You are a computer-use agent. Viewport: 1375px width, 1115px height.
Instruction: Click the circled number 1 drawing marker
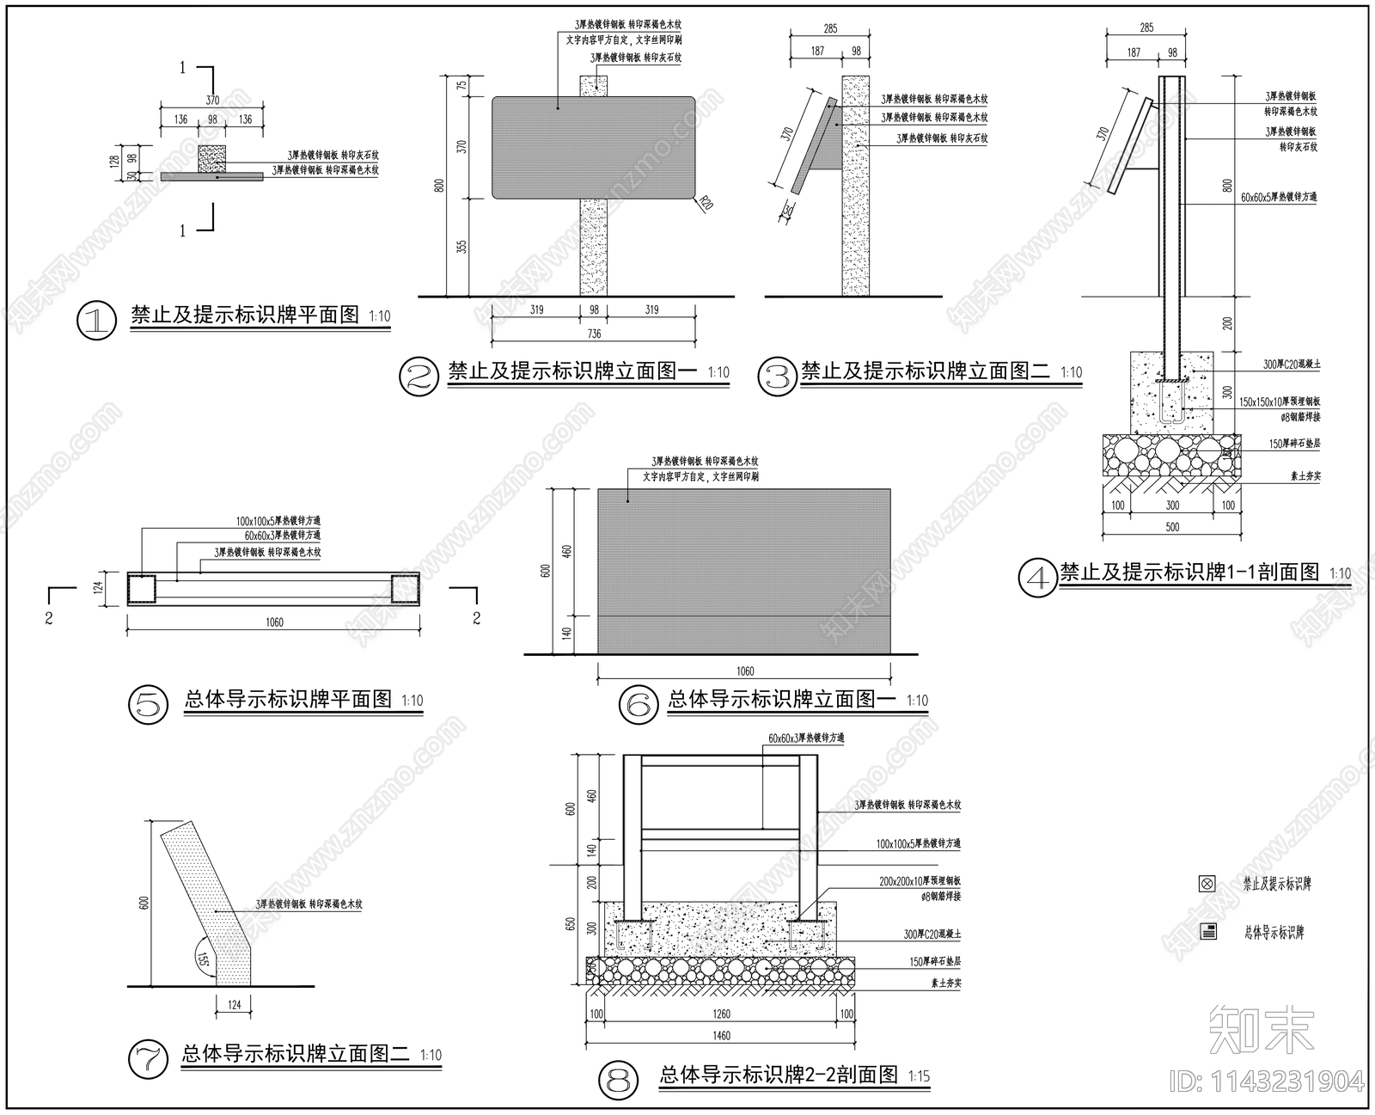coord(96,321)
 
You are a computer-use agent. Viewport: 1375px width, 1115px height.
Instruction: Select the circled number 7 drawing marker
coord(149,1059)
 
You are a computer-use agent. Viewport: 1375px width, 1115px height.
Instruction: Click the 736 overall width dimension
coord(593,334)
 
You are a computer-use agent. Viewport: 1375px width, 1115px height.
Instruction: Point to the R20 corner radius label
coord(706,205)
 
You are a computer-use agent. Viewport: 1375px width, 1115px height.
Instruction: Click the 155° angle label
coord(203,959)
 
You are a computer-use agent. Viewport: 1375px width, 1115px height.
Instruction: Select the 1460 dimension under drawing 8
coord(721,1035)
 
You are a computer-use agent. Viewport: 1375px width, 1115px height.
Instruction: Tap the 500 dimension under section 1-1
coord(1172,527)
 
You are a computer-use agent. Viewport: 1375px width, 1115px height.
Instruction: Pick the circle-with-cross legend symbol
coord(1207,883)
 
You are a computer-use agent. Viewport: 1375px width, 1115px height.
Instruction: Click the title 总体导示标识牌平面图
coord(288,699)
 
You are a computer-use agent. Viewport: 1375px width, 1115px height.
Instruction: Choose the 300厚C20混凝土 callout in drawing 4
coord(1291,365)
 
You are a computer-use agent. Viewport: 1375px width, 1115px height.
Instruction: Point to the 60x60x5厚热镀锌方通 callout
coord(1279,197)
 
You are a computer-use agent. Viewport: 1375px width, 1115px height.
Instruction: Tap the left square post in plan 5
coord(142,589)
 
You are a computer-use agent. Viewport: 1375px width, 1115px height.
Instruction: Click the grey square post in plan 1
coord(211,158)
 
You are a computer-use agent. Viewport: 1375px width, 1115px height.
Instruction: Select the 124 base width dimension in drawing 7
coord(234,1004)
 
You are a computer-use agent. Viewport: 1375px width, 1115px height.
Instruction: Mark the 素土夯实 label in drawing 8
coord(945,983)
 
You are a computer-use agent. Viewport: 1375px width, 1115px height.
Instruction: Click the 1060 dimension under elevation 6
coord(744,671)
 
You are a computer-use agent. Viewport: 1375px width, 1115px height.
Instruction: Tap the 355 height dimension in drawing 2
coord(461,248)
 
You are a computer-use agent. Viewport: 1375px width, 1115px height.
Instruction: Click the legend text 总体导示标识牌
coord(1274,932)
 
